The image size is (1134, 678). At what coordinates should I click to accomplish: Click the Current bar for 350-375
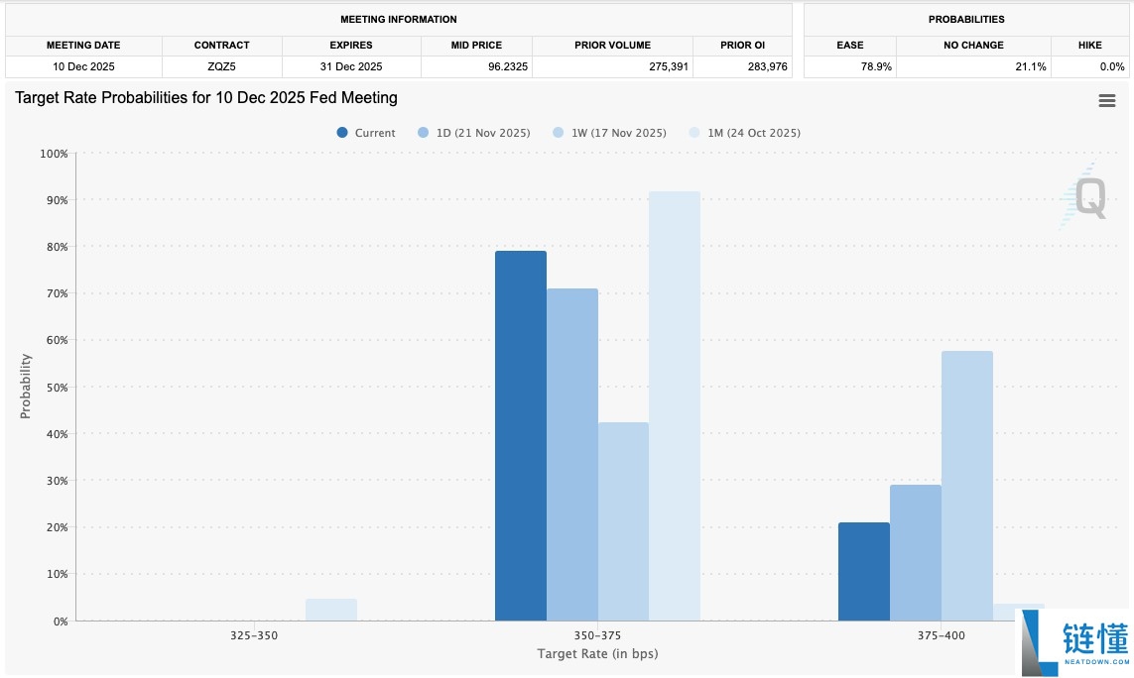(x=520, y=436)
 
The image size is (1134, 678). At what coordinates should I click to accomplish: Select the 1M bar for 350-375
(x=675, y=406)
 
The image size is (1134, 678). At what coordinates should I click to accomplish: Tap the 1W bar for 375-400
(x=966, y=486)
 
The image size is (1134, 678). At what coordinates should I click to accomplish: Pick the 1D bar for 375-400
(x=915, y=552)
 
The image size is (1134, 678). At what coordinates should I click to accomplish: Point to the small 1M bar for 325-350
(x=330, y=610)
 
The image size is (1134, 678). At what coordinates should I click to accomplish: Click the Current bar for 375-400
(x=863, y=571)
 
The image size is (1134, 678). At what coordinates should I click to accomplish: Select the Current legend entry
(x=366, y=133)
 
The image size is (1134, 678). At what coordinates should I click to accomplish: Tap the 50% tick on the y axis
(x=54, y=387)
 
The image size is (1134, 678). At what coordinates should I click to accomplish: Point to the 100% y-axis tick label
(x=52, y=154)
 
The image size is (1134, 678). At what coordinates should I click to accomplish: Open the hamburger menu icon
(x=1107, y=101)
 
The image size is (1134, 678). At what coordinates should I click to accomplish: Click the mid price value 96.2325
(x=476, y=66)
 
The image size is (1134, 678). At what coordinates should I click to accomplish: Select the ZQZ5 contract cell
(x=222, y=66)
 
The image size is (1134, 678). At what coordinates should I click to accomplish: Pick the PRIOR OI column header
(x=742, y=45)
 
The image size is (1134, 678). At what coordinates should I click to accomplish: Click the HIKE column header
(x=1089, y=45)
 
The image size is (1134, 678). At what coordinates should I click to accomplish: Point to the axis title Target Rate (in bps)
(x=597, y=654)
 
